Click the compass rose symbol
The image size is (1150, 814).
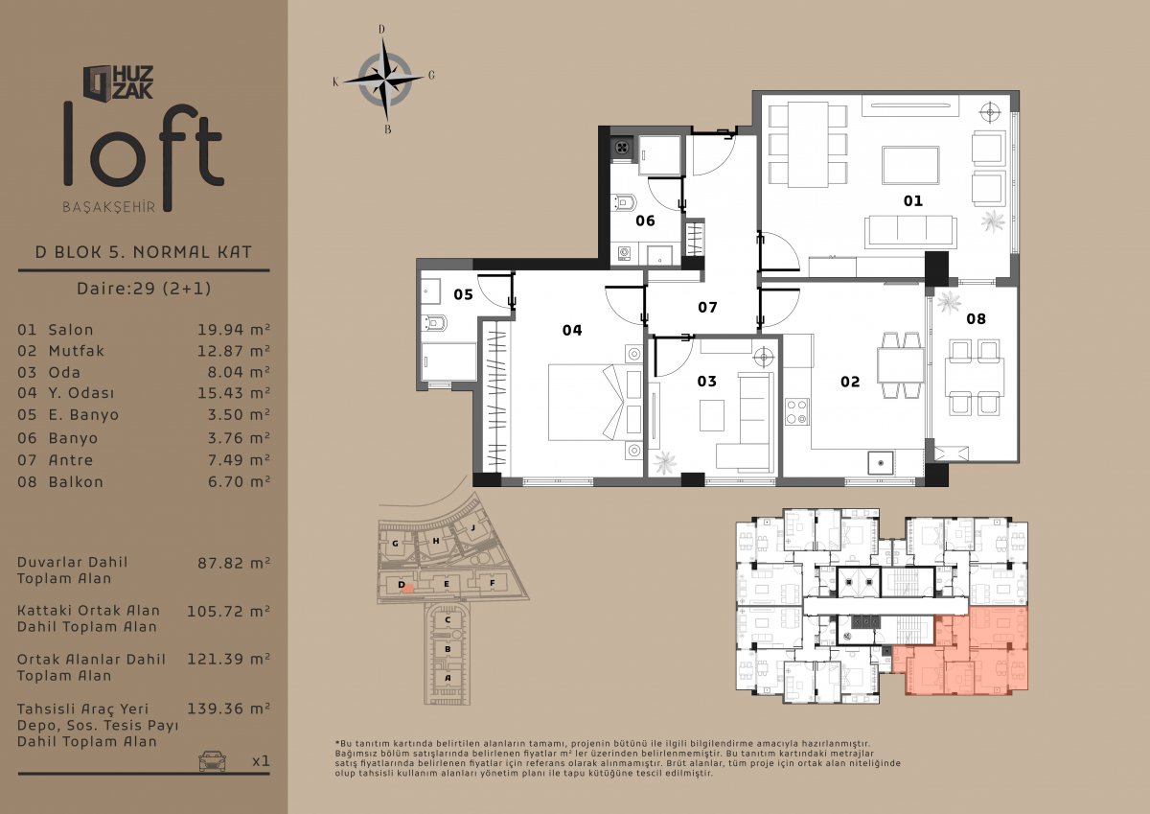(384, 79)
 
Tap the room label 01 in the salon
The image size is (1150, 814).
(912, 200)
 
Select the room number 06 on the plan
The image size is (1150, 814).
(645, 221)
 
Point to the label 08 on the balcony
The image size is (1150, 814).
(976, 319)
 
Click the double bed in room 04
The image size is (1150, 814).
(595, 402)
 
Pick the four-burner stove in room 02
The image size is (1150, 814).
(796, 412)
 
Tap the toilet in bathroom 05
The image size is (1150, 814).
(434, 323)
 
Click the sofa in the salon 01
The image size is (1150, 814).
(910, 232)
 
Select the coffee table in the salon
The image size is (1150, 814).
(910, 165)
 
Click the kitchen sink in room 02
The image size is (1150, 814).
(881, 463)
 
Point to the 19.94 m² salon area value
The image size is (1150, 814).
(234, 330)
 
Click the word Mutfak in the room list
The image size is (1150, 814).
(76, 351)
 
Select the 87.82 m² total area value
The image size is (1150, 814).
(234, 563)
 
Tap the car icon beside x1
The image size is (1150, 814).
(212, 760)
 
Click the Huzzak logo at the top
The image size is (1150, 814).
(119, 82)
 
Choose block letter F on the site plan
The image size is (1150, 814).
(493, 583)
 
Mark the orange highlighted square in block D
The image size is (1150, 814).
(408, 589)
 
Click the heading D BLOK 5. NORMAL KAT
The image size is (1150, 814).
(144, 252)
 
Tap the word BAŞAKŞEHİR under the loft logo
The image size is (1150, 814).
(109, 207)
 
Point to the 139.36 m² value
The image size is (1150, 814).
(228, 709)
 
